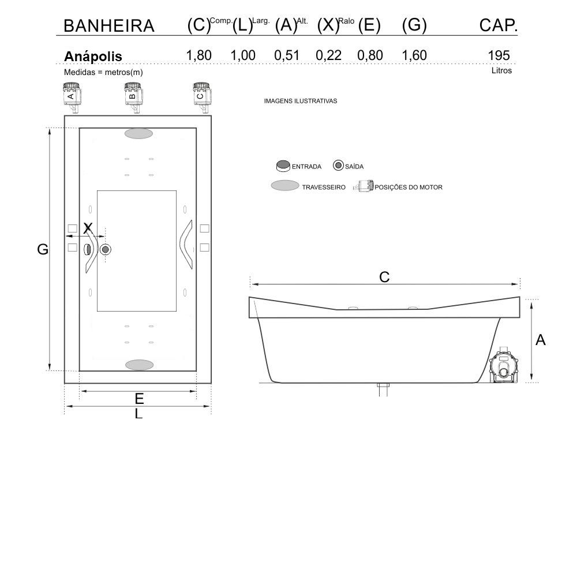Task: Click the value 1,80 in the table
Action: pyautogui.click(x=198, y=55)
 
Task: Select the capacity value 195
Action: pyautogui.click(x=499, y=55)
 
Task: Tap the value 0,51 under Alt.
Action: pyautogui.click(x=287, y=55)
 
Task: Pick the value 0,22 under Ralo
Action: pyautogui.click(x=329, y=55)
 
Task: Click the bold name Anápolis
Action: pyautogui.click(x=93, y=57)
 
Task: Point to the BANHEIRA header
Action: pyautogui.click(x=109, y=26)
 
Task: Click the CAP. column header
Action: pyautogui.click(x=499, y=25)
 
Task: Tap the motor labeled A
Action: pyautogui.click(x=72, y=97)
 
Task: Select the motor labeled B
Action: pyautogui.click(x=133, y=97)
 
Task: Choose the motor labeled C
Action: pyautogui.click(x=201, y=97)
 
